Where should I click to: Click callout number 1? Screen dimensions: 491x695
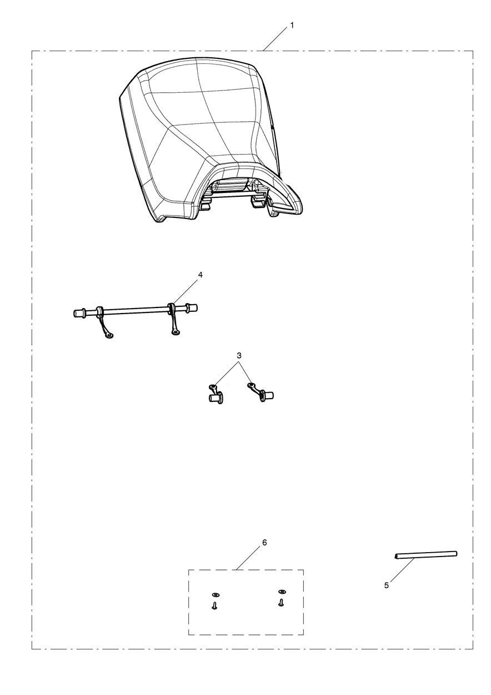[292, 26]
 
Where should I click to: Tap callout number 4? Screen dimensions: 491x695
[201, 275]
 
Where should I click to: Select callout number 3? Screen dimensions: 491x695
[239, 356]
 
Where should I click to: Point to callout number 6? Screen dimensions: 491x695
[264, 542]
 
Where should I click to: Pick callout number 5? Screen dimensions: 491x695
[386, 585]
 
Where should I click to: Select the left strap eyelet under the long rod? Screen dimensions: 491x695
[109, 335]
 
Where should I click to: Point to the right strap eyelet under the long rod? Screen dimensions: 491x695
[176, 332]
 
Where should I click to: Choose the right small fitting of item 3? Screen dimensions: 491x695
[260, 392]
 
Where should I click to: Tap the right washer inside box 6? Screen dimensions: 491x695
[282, 592]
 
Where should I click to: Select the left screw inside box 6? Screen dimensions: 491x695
[214, 605]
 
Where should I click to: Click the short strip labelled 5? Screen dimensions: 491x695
[426, 555]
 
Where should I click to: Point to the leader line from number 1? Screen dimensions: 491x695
[275, 39]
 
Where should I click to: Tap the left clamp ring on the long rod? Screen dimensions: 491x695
[99, 310]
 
